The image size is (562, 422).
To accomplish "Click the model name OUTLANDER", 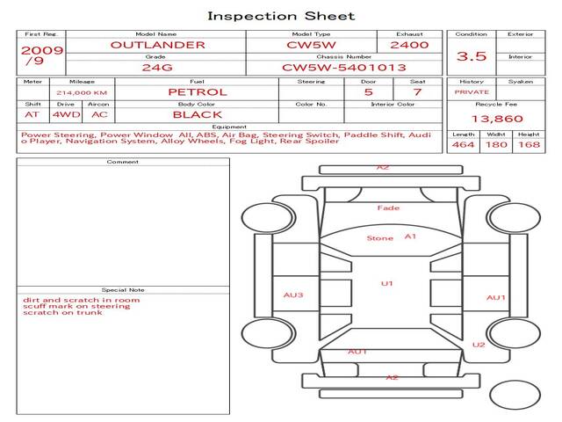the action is click(x=158, y=45).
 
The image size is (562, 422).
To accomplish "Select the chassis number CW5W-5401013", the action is click(x=344, y=68).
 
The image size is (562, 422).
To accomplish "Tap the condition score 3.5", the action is click(x=472, y=56).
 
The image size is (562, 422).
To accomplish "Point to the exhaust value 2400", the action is click(x=409, y=45).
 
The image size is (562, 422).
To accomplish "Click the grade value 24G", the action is click(x=157, y=68).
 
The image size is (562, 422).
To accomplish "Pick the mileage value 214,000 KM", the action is click(x=82, y=92).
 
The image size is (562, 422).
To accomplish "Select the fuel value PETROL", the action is click(x=198, y=91).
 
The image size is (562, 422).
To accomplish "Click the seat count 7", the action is click(x=417, y=91).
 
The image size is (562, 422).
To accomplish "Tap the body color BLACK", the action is click(x=198, y=115).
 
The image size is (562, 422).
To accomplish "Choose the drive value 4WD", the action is click(x=67, y=115).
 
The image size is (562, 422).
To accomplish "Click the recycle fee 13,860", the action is click(x=497, y=119).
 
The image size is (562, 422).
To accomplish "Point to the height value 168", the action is click(x=529, y=144).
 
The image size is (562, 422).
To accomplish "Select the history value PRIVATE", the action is click(x=472, y=92).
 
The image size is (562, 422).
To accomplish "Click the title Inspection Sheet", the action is click(x=281, y=16).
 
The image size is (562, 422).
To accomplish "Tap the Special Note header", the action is click(x=123, y=290).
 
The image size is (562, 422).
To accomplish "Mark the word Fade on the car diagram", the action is click(x=388, y=207).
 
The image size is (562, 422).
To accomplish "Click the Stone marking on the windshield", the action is click(x=380, y=238).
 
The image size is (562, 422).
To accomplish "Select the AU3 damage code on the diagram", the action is click(x=293, y=295).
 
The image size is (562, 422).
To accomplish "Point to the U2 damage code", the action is click(x=479, y=345).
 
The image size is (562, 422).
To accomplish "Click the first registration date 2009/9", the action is click(x=42, y=55).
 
